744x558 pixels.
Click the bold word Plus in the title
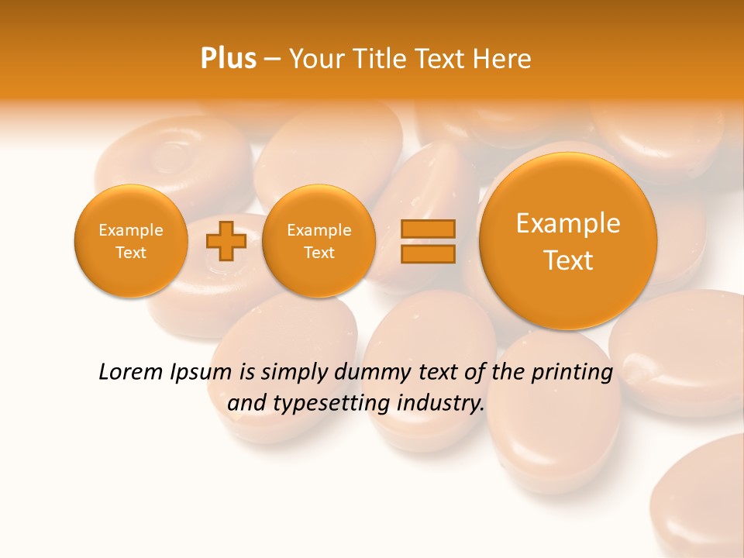228,59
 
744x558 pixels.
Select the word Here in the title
505,59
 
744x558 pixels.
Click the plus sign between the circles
226,240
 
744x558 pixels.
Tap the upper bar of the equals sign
428,229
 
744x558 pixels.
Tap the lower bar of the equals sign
428,253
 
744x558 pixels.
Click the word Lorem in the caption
131,372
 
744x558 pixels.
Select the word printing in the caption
572,373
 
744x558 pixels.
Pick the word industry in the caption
440,404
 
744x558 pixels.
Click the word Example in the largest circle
568,223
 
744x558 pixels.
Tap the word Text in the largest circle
568,260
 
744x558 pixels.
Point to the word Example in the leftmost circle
131,230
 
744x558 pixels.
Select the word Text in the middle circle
319,253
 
